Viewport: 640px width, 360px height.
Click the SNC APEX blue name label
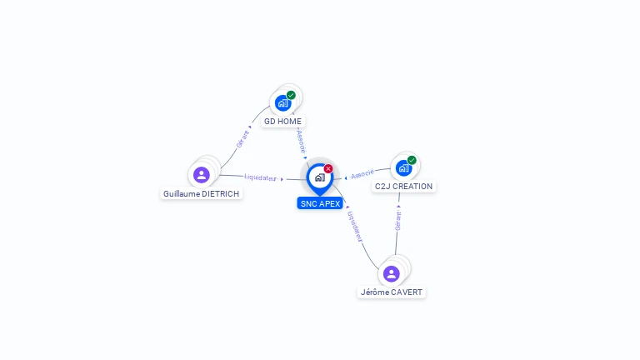coord(320,203)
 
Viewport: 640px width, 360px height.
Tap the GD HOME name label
coord(282,122)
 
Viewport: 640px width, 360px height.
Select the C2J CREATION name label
coord(403,187)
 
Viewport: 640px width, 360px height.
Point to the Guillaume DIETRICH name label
coord(201,194)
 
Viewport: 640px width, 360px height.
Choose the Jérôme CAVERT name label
coord(391,292)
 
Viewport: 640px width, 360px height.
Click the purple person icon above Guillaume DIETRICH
coord(201,175)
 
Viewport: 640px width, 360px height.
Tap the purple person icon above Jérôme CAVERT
coord(391,273)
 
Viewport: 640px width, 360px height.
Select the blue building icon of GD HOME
coord(282,103)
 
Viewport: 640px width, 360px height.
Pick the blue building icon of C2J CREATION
coord(403,167)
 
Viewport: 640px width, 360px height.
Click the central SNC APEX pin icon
coord(319,177)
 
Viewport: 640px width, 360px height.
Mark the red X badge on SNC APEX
coord(328,168)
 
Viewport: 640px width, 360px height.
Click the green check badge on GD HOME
coord(291,95)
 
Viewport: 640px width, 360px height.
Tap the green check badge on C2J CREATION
coord(412,160)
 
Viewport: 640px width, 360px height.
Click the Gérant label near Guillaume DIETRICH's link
coord(242,139)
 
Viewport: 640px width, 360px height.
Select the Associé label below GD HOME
coord(301,141)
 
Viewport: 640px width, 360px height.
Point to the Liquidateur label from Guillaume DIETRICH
coord(261,177)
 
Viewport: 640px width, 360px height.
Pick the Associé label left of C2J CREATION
coord(362,174)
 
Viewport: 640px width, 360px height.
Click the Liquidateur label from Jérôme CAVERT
coord(356,226)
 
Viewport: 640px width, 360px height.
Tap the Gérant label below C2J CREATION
coord(398,220)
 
